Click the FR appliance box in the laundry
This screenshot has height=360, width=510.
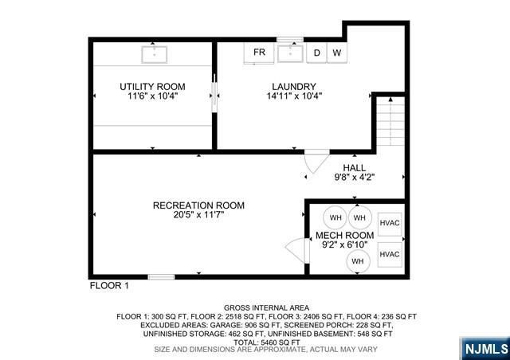pyautogui.click(x=259, y=53)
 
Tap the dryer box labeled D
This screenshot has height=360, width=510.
pyautogui.click(x=316, y=53)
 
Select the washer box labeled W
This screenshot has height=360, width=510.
pyautogui.click(x=337, y=53)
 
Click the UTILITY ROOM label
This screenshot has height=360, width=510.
pyautogui.click(x=152, y=87)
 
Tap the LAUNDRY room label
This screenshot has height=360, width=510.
pyautogui.click(x=293, y=87)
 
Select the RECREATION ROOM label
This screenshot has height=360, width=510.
pyautogui.click(x=198, y=205)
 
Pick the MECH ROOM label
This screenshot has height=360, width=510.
pyautogui.click(x=344, y=236)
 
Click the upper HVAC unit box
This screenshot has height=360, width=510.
pyautogui.click(x=389, y=222)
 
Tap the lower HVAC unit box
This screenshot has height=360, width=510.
pyautogui.click(x=389, y=254)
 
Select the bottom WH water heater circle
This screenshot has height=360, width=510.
pyautogui.click(x=358, y=260)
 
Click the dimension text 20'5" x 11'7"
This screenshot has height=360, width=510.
pyautogui.click(x=198, y=215)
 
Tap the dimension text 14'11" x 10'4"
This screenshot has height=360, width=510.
pyautogui.click(x=293, y=96)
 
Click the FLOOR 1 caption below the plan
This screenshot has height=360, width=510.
pyautogui.click(x=108, y=284)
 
